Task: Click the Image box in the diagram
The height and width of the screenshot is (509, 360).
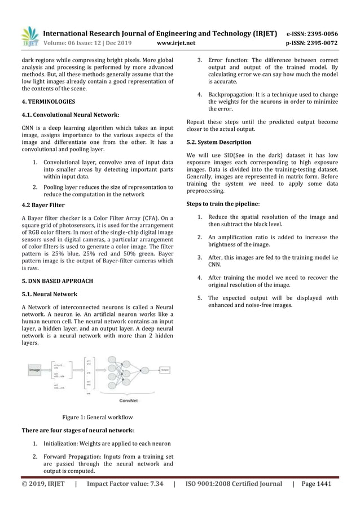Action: pyautogui.click(x=34, y=370)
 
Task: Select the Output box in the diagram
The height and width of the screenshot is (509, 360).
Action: pyautogui.click(x=165, y=370)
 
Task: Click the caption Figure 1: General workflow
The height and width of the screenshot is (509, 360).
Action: pyautogui.click(x=98, y=418)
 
